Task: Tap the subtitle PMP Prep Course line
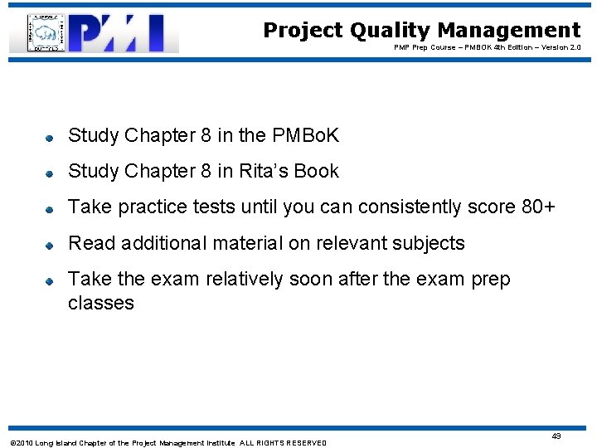(488, 48)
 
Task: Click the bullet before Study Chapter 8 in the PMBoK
(50, 137)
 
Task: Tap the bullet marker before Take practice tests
(50, 209)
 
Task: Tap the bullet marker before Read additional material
(50, 246)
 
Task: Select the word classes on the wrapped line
(100, 303)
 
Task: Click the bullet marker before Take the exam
(50, 282)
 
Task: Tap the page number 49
(556, 436)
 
